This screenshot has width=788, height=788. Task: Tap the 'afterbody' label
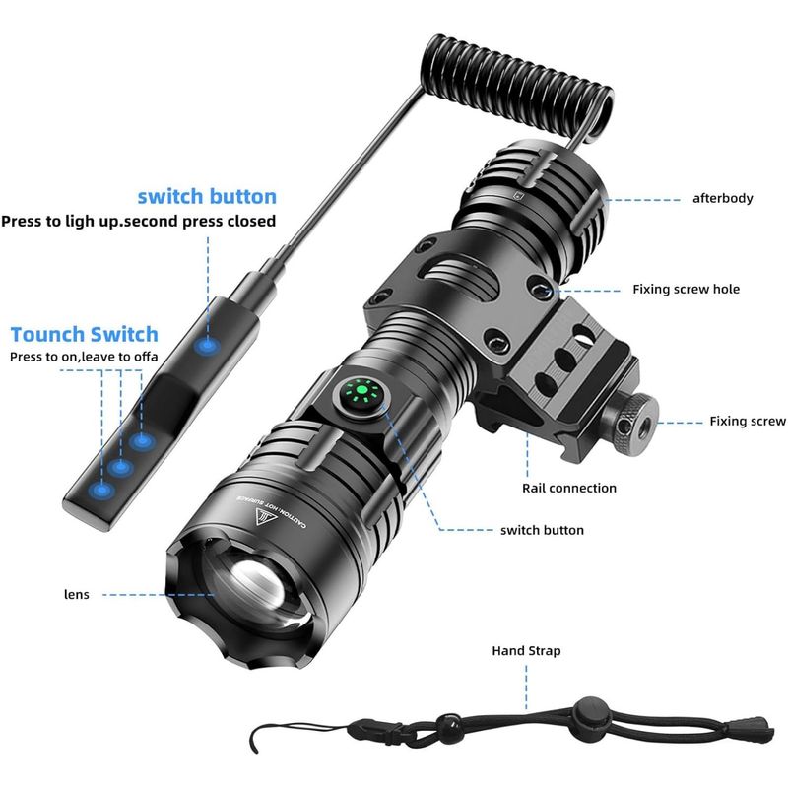click(x=723, y=198)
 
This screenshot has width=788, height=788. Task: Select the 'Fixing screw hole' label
click(x=686, y=289)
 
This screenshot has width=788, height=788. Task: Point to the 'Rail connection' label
click(x=569, y=488)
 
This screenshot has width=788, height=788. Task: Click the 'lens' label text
click(x=77, y=595)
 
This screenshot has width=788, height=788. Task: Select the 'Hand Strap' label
click(x=526, y=651)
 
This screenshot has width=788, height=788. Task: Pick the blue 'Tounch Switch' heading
click(x=85, y=334)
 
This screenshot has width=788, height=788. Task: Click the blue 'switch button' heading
click(x=207, y=196)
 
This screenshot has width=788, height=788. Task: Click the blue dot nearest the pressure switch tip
click(x=101, y=490)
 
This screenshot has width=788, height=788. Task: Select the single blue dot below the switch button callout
click(x=207, y=346)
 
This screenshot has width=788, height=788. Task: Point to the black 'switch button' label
click(x=543, y=530)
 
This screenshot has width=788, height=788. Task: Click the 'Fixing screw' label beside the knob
click(x=748, y=422)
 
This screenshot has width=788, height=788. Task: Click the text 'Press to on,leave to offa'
click(x=84, y=357)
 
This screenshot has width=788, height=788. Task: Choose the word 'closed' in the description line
click(x=252, y=221)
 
